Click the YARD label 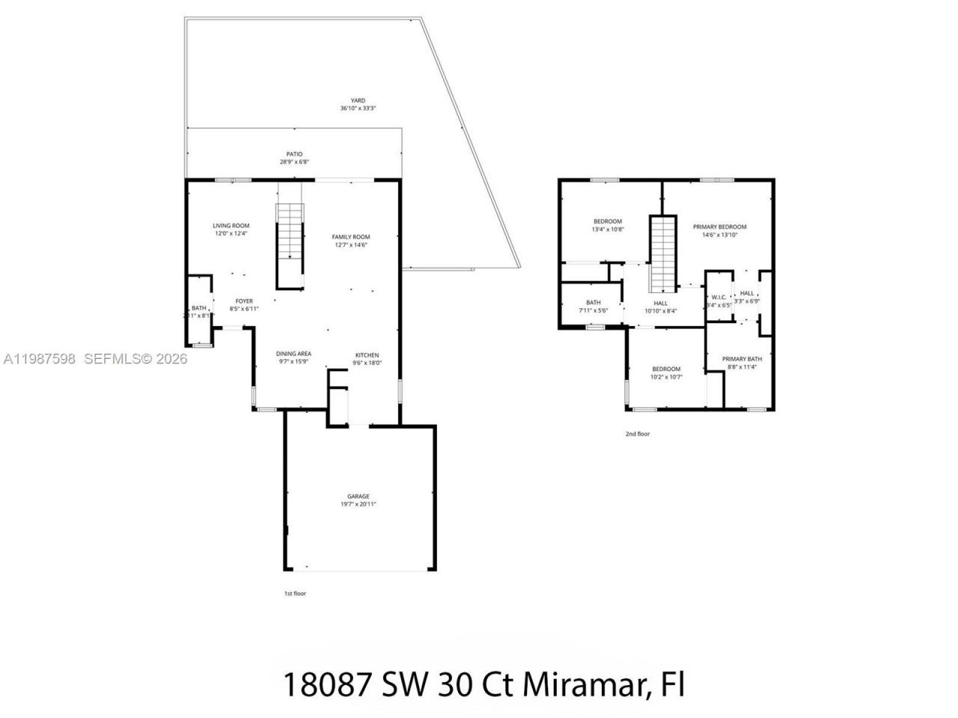[x=358, y=100]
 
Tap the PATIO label [x=293, y=154]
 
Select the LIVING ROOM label [x=231, y=225]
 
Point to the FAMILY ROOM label [x=351, y=237]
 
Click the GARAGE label [x=358, y=497]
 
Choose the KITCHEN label [x=367, y=355]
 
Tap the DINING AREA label [x=293, y=354]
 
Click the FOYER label [x=244, y=301]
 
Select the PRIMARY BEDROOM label [x=719, y=227]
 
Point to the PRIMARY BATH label [x=742, y=359]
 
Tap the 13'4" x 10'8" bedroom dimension [x=608, y=230]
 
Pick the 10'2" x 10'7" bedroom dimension [x=666, y=377]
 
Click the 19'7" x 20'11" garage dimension [x=358, y=505]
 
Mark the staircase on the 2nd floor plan [x=662, y=254]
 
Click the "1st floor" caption [x=295, y=593]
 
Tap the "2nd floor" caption [x=638, y=434]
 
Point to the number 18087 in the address [x=325, y=684]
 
